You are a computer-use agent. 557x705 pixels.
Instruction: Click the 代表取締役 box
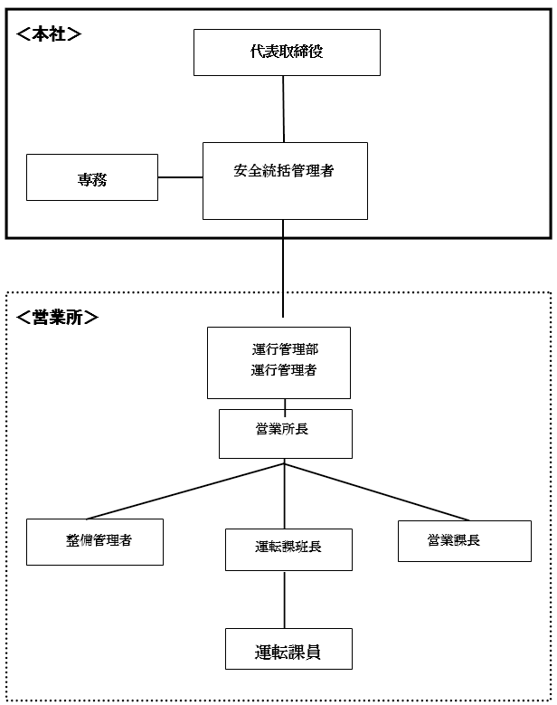[x=287, y=52]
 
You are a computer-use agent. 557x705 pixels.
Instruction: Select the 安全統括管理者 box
[x=285, y=180]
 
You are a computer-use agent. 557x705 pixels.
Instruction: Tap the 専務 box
[x=92, y=177]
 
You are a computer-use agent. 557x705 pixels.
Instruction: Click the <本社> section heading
[x=50, y=34]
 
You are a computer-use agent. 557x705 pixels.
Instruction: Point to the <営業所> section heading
[x=58, y=318]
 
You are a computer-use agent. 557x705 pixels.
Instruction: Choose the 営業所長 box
[x=285, y=433]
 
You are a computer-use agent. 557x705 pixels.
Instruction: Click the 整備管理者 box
[x=95, y=541]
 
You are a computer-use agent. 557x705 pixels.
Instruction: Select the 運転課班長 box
[x=288, y=548]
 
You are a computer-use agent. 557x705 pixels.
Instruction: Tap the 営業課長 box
[x=464, y=540]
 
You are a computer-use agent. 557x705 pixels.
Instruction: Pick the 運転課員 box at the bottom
[x=288, y=651]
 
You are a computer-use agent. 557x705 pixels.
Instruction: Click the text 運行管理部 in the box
[x=284, y=348]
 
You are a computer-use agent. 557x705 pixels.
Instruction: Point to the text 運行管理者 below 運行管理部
[x=284, y=370]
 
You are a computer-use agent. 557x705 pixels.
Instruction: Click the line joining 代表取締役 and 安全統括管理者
[x=285, y=109]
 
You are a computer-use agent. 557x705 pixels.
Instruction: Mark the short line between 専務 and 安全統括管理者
[x=180, y=177]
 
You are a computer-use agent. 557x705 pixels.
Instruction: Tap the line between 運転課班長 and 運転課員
[x=287, y=599]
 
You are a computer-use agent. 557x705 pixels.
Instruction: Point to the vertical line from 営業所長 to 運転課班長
[x=287, y=498]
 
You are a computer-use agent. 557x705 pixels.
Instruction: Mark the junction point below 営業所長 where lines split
[x=287, y=464]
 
